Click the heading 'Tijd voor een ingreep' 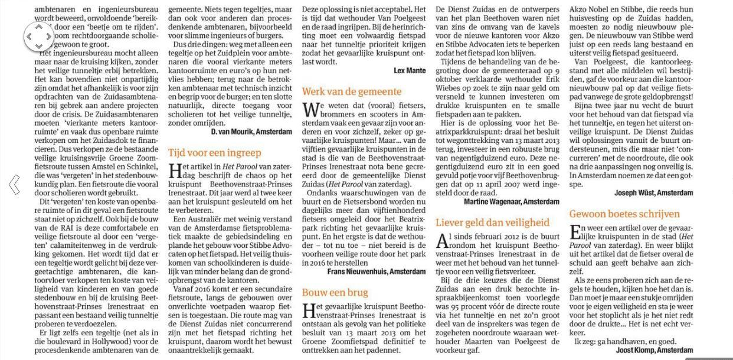(x=214, y=153)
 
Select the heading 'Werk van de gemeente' (x=352, y=91)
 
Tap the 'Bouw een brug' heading (x=335, y=293)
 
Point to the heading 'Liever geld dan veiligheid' (x=492, y=222)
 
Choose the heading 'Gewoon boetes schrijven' (x=624, y=214)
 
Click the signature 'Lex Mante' (x=410, y=71)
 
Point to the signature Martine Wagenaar (x=512, y=202)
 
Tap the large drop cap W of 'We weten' (x=309, y=110)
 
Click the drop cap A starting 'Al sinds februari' (x=442, y=241)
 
